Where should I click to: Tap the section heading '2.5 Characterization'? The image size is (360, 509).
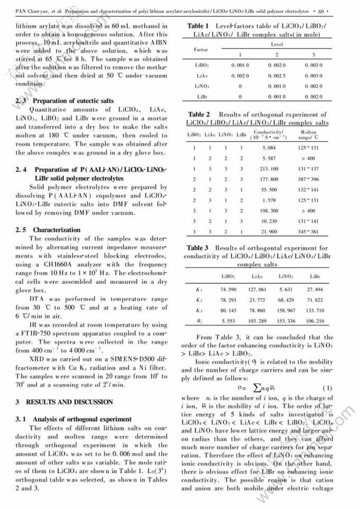click(x=48, y=230)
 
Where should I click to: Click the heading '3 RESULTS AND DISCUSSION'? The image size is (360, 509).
click(x=64, y=401)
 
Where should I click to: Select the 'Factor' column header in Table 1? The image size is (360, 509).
click(x=201, y=50)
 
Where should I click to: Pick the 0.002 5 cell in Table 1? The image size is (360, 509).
click(x=276, y=76)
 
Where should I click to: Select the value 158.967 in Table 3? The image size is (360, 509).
click(x=285, y=310)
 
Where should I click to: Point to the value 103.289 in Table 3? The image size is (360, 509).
click(x=256, y=321)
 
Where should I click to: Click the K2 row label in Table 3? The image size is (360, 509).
click(x=199, y=300)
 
